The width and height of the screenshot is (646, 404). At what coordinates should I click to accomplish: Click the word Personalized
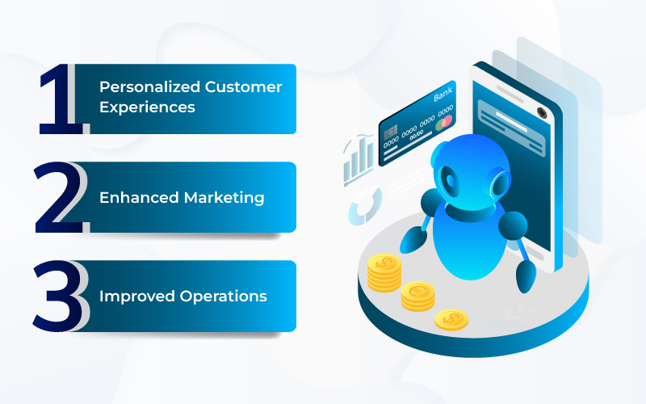point(149,87)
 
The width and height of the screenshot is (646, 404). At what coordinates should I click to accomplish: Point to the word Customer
point(244,87)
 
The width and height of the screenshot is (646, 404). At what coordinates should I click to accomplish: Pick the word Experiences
point(147,107)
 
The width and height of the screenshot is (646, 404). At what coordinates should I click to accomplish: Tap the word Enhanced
point(139,197)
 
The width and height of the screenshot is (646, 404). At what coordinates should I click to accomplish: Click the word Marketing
point(224,198)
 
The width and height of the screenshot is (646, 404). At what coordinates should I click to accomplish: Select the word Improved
point(137,296)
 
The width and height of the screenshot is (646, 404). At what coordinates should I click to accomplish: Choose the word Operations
point(224,296)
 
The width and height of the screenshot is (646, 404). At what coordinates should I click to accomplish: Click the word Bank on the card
point(443,95)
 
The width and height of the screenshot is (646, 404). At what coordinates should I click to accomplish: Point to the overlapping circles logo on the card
point(443,123)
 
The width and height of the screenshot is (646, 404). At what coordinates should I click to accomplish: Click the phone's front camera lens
point(542,112)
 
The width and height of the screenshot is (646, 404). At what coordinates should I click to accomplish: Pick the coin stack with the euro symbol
point(417,296)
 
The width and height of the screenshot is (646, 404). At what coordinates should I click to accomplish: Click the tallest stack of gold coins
point(384,272)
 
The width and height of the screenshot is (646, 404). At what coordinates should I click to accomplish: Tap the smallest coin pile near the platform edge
point(451,320)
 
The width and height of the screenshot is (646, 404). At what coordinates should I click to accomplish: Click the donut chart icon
point(365,206)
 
